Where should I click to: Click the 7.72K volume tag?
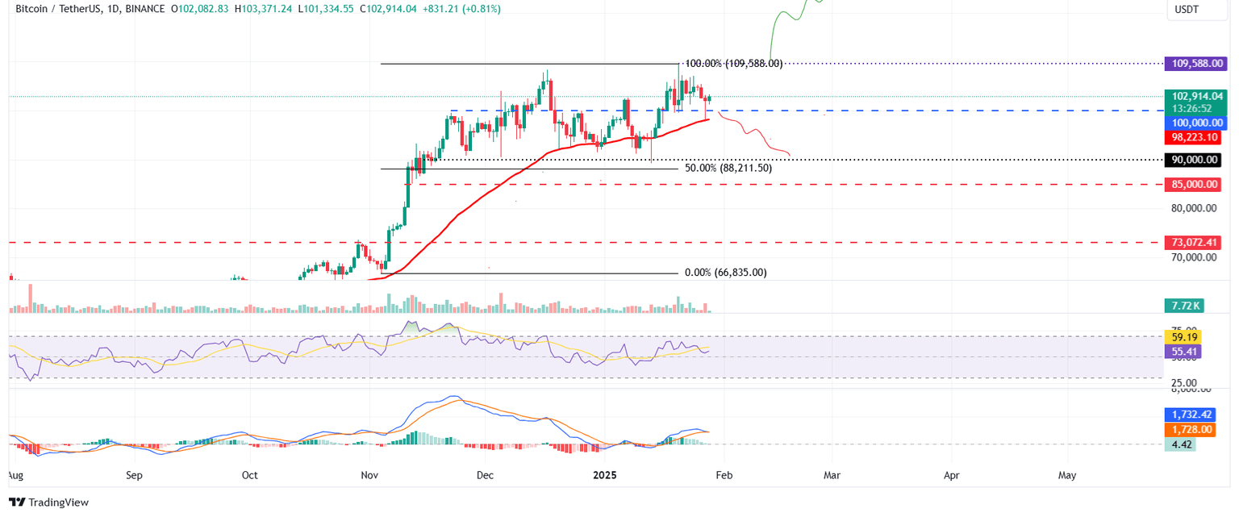(1183, 306)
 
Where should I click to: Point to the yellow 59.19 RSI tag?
(1183, 336)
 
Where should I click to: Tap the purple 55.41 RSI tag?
(1183, 352)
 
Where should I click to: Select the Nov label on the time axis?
(369, 475)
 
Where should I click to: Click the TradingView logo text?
(58, 502)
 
